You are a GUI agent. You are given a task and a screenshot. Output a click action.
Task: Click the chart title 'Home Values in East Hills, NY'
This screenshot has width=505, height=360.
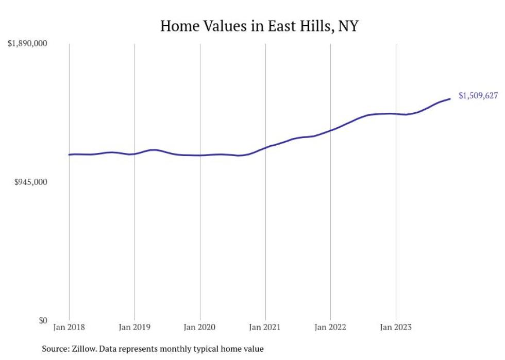coord(259,25)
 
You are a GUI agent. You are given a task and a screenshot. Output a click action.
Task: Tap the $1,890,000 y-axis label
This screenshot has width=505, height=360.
coord(27,44)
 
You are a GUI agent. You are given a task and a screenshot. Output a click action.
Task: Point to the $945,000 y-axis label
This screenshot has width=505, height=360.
coord(30,182)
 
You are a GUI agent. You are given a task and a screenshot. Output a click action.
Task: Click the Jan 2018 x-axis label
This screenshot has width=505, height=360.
coord(69,327)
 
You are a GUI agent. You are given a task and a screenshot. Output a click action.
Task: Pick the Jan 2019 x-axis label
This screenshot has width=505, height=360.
coord(134,327)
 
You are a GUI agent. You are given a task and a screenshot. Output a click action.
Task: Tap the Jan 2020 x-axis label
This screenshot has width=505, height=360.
coord(200,327)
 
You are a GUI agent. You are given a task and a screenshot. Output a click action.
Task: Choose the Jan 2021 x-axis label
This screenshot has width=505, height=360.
coord(265,327)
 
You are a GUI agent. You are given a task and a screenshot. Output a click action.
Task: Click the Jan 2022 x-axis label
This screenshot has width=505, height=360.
coord(330,327)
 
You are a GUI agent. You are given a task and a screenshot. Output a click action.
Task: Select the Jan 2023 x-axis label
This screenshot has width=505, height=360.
coord(396,327)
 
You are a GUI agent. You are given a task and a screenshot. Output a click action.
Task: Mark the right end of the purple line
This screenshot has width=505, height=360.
coord(450,99)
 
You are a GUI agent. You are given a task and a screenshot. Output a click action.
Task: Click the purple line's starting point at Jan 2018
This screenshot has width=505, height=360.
coord(69,155)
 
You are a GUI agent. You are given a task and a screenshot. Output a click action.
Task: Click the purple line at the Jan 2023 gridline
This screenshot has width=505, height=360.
coord(396,114)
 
